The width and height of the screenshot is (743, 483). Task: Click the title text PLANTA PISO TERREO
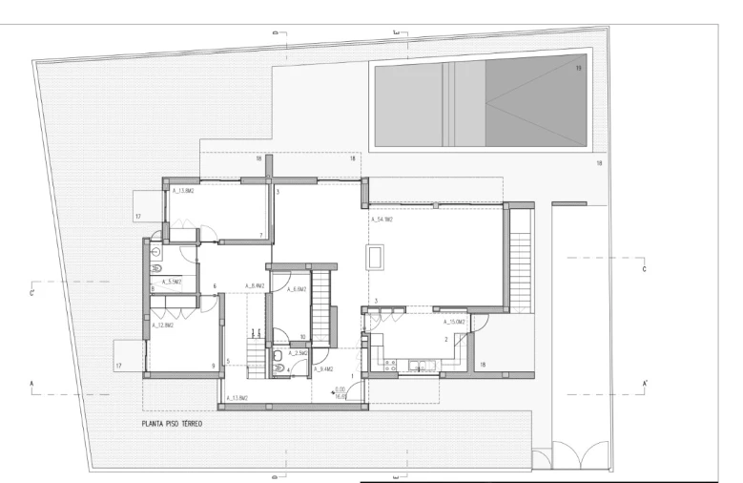coord(172,421)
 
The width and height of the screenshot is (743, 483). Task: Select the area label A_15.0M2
coord(455,323)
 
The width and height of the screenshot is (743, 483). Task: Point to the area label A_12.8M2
coord(162,325)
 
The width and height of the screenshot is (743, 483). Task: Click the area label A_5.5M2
coord(173,282)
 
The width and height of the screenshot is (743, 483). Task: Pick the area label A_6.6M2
coord(296,288)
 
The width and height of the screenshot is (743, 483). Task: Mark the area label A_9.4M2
coord(322,368)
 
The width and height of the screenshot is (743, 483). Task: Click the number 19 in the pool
coord(577,69)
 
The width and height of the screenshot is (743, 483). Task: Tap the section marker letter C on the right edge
coord(644,269)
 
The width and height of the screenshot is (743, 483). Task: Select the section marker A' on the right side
coord(646,383)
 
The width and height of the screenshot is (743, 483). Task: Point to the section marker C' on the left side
coord(33,292)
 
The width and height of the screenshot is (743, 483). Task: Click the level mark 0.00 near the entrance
coord(341,389)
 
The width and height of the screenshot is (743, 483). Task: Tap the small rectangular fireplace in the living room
coord(376,258)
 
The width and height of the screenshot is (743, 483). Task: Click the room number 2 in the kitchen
coord(445,339)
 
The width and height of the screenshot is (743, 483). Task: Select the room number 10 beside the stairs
coord(302,337)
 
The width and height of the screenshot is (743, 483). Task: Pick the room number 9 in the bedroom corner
coord(213,366)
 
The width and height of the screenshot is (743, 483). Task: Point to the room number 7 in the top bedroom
coord(261,234)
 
